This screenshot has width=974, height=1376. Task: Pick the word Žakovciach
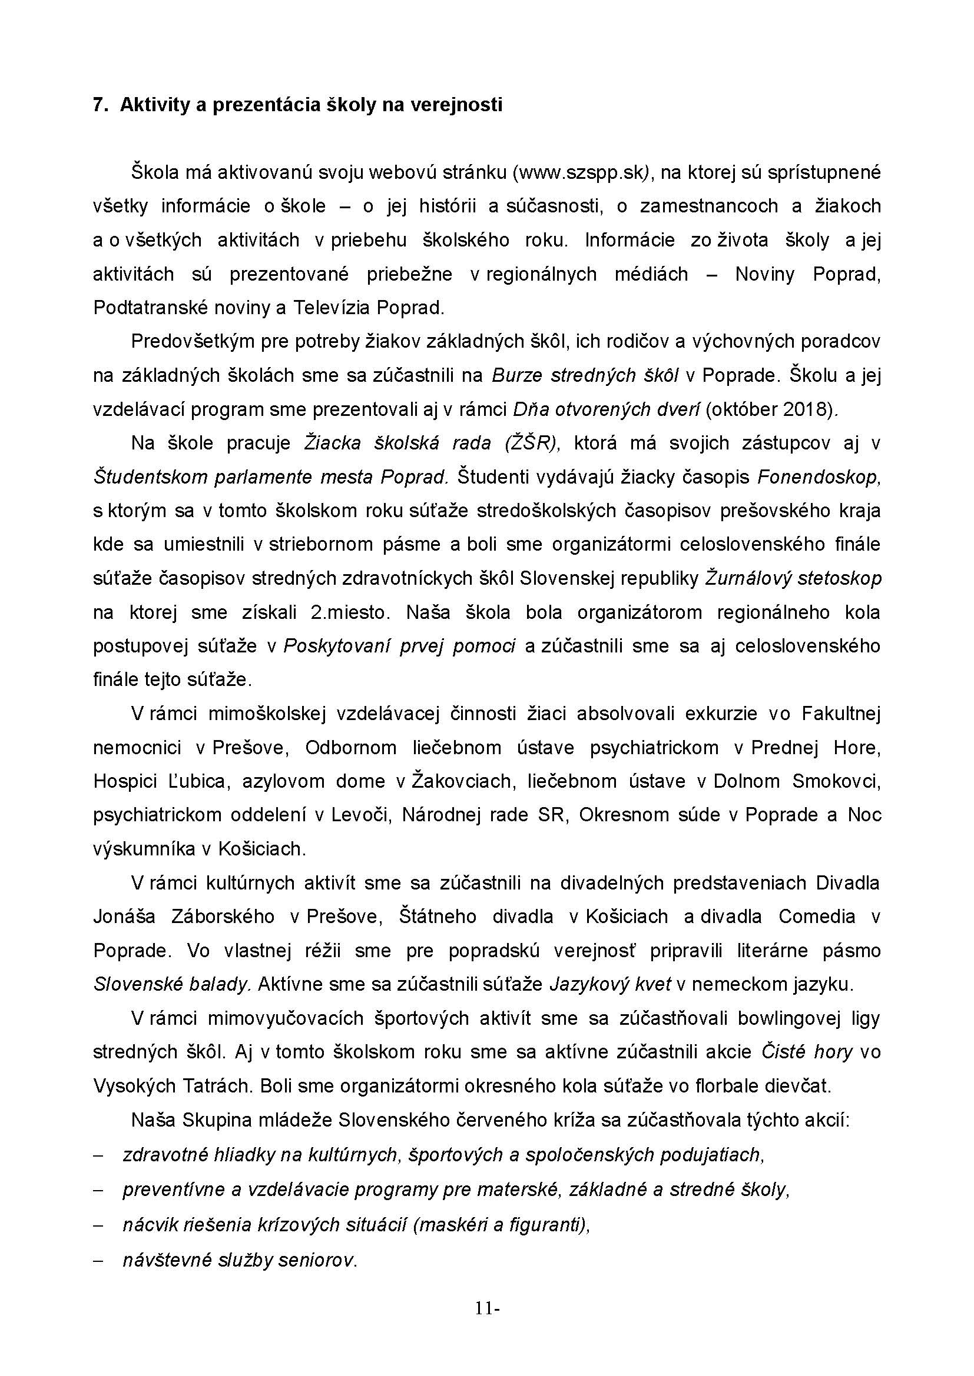click(461, 781)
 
